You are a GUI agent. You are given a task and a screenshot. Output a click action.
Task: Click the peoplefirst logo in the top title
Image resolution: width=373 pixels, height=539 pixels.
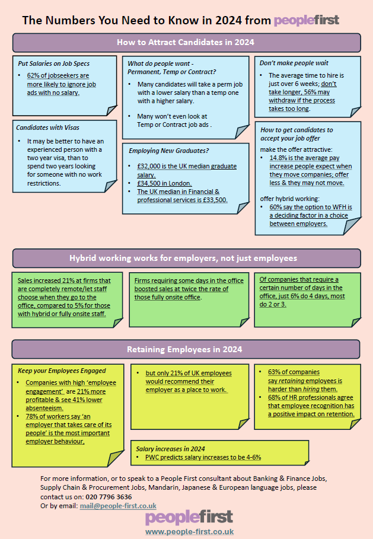[307, 20]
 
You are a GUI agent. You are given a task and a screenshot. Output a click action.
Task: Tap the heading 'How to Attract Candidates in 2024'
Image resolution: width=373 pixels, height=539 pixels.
[186, 42]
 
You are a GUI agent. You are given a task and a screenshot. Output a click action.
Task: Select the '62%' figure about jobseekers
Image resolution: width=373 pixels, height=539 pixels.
[33, 76]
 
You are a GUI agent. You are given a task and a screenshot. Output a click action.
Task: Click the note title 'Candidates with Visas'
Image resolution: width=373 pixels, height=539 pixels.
[48, 127]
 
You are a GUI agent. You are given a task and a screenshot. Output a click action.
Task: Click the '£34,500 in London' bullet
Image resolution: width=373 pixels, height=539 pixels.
[164, 183]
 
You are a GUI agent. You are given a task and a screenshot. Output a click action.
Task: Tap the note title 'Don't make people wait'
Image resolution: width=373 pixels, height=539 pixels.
[294, 63]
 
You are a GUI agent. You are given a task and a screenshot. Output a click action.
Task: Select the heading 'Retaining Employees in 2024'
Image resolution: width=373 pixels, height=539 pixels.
[184, 349]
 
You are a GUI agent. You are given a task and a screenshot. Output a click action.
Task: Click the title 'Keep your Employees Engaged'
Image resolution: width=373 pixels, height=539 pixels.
[62, 371]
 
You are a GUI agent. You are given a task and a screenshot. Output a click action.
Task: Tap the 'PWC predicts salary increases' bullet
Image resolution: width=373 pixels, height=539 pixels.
[203, 457]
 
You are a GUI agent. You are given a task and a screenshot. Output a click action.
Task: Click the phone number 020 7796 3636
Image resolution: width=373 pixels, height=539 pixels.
[109, 497]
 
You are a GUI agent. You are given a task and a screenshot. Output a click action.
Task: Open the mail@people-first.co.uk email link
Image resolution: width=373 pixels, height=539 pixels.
[118, 506]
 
